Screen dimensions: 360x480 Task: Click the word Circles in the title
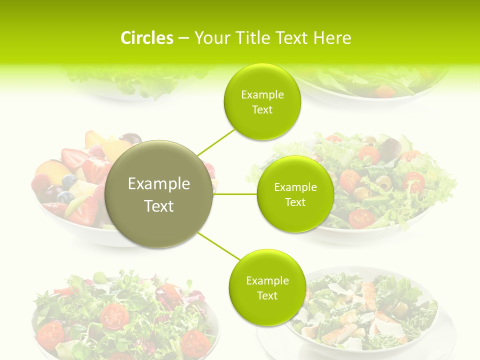point(146,38)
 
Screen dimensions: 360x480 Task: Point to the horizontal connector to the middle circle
point(235,194)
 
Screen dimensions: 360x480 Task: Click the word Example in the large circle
point(159,184)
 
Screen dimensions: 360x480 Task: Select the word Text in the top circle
point(262,110)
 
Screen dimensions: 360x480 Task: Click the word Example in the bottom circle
point(267,281)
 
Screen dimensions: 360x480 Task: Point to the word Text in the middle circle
point(295,202)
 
